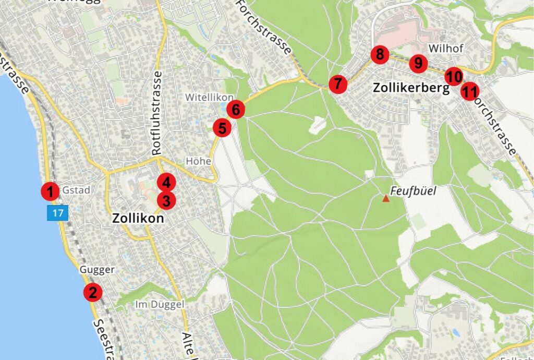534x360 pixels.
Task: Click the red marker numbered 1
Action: point(50,191)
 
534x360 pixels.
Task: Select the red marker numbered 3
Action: point(166,200)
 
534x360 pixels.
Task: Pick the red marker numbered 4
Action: point(166,183)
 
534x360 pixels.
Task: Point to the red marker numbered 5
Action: point(222,128)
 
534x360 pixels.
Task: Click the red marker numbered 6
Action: point(236,110)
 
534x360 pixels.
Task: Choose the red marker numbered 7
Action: point(338,83)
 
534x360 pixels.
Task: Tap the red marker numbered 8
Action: point(380,54)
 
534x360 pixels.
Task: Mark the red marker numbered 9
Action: point(418,64)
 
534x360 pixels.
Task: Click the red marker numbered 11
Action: point(470,92)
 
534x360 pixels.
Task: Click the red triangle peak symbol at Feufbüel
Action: point(386,198)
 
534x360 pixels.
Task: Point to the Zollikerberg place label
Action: point(411,88)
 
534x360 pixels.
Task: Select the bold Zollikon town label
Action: point(138,219)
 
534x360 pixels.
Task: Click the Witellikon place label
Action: point(210,98)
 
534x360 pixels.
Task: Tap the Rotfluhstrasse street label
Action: point(157,113)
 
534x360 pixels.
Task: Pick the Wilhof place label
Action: point(445,48)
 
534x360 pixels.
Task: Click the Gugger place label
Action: point(97,270)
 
